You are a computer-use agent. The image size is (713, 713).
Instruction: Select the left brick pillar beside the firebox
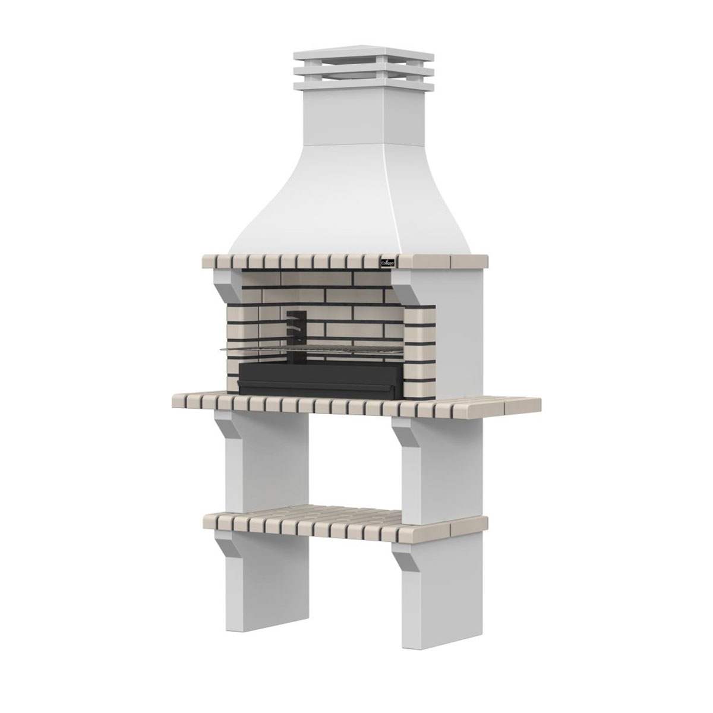(x=232, y=345)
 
